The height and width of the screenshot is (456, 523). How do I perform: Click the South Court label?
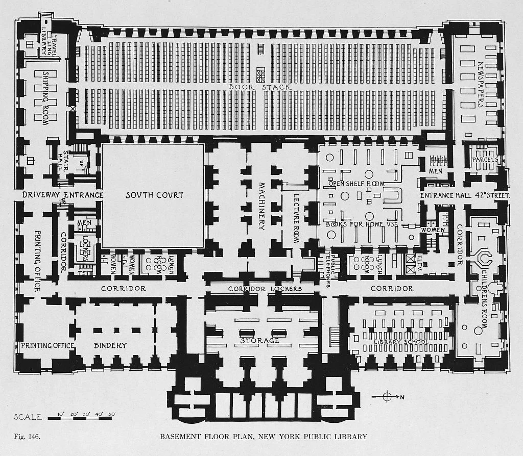coord(154,195)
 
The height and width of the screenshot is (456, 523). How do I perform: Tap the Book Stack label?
coord(260,87)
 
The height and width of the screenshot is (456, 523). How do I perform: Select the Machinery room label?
coord(261,206)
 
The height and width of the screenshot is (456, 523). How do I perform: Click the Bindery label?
coord(110,345)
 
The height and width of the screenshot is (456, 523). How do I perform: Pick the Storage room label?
coord(260,340)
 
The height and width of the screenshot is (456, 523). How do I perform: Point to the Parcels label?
coord(485,160)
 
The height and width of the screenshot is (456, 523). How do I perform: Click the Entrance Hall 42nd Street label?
coord(465,195)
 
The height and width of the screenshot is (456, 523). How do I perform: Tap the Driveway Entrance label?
coord(63,195)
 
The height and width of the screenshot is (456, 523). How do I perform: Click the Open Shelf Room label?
coord(356,184)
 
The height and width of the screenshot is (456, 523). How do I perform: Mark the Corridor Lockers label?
coord(265,289)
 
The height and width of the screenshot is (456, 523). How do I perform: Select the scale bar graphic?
coord(81,418)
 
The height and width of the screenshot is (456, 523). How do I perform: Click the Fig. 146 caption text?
coord(26,437)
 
